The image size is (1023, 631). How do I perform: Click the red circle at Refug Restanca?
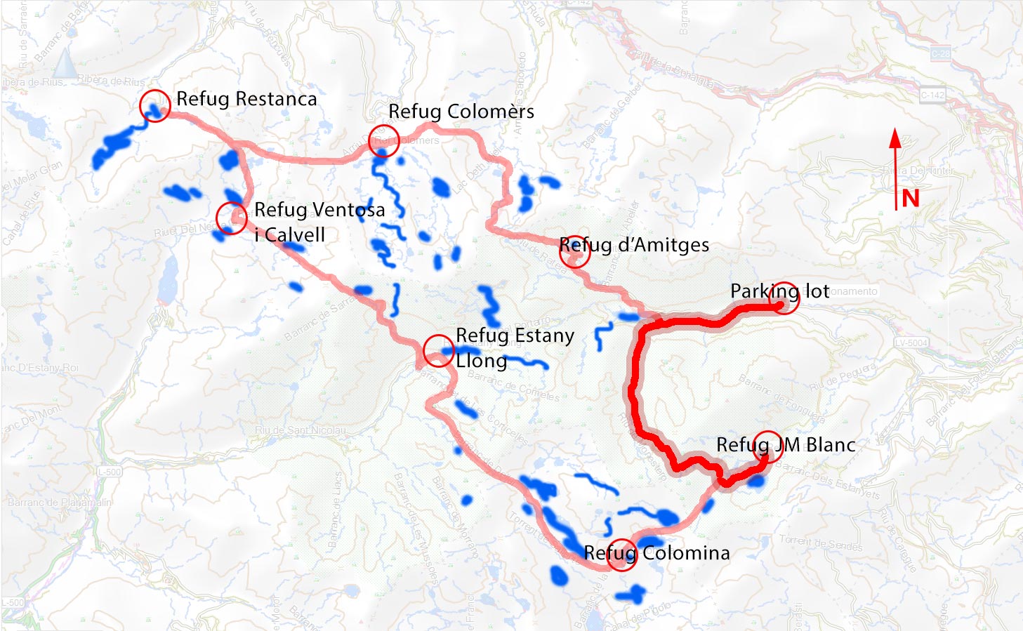tap(154, 106)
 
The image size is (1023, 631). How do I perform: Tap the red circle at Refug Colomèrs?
tap(383, 140)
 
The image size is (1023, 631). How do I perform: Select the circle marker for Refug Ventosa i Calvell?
tap(231, 218)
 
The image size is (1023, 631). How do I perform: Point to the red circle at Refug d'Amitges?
tap(574, 251)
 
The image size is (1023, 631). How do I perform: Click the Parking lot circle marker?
tap(784, 298)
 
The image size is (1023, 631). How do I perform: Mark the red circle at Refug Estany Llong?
tap(439, 351)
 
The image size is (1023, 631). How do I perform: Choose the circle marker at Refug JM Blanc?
tap(767, 446)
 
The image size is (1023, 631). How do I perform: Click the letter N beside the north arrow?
tap(911, 199)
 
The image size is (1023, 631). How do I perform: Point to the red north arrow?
tap(895, 168)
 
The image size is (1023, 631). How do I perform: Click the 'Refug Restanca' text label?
tap(246, 99)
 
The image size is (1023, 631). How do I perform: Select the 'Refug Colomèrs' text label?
tap(461, 112)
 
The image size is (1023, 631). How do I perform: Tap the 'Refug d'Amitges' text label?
tap(634, 245)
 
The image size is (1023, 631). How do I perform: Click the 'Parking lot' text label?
tap(779, 291)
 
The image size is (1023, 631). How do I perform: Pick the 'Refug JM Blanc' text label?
tap(786, 444)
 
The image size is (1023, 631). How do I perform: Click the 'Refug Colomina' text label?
tap(656, 553)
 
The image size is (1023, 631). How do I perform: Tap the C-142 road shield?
tap(932, 95)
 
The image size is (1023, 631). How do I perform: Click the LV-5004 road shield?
tap(912, 343)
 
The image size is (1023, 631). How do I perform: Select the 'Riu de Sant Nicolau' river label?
tap(301, 430)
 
